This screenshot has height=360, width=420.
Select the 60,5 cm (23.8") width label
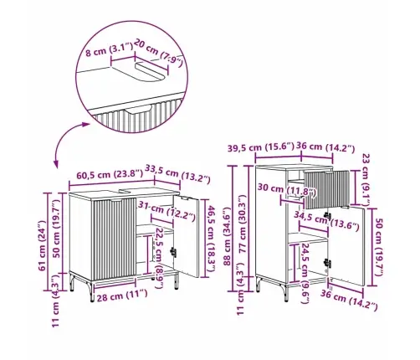tap(95, 176)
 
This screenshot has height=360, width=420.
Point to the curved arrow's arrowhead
tap(56, 164)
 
